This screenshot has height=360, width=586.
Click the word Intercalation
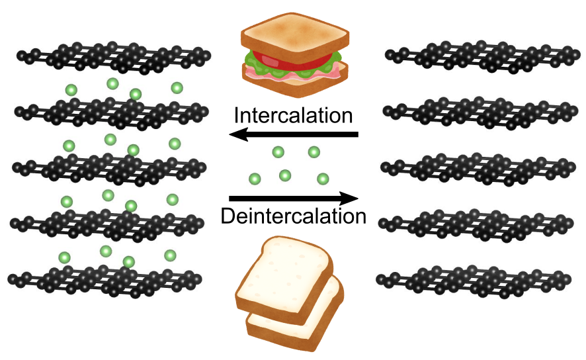[x=293, y=114]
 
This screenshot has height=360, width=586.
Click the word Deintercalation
[x=293, y=216]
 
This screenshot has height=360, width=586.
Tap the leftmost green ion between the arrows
[x=254, y=179]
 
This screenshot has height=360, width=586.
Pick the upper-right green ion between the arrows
[x=314, y=153]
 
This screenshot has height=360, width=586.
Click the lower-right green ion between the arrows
[x=323, y=179]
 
